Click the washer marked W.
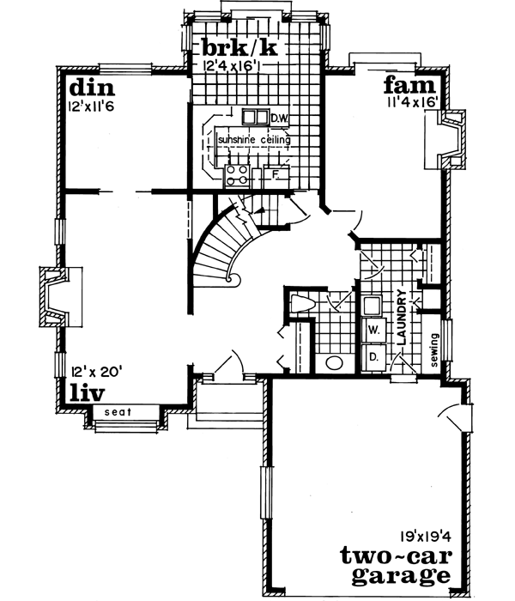[374, 329]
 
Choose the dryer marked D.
[374, 354]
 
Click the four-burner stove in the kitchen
[236, 175]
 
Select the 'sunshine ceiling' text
[253, 140]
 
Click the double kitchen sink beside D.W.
[255, 118]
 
